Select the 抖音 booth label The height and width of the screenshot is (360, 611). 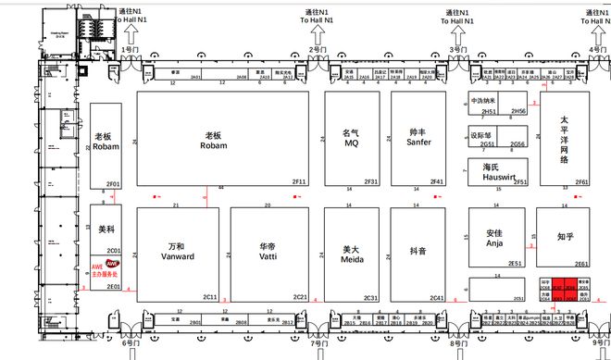pyautogui.click(x=418, y=250)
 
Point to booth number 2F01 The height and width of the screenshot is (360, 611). pyautogui.click(x=113, y=183)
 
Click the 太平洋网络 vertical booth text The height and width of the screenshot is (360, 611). pyautogui.click(x=564, y=140)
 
